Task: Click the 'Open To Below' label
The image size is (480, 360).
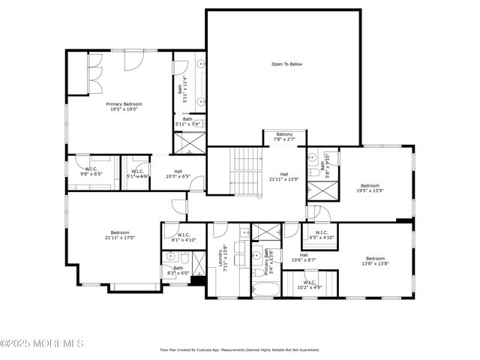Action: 286,64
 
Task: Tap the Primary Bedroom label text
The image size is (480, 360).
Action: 124,106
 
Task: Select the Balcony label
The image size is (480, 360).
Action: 283,136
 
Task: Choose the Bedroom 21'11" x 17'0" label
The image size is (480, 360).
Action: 120,235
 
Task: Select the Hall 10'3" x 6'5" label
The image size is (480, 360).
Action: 178,173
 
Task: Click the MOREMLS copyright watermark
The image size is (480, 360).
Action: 42,343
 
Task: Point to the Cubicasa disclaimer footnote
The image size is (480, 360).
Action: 240,349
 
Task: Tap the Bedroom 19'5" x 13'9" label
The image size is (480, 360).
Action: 370,188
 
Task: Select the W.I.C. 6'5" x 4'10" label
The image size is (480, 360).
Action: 321,235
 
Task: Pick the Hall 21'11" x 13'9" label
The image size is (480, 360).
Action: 284,177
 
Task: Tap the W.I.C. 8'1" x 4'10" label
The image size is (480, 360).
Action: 184,237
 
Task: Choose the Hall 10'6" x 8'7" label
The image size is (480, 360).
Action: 304,257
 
